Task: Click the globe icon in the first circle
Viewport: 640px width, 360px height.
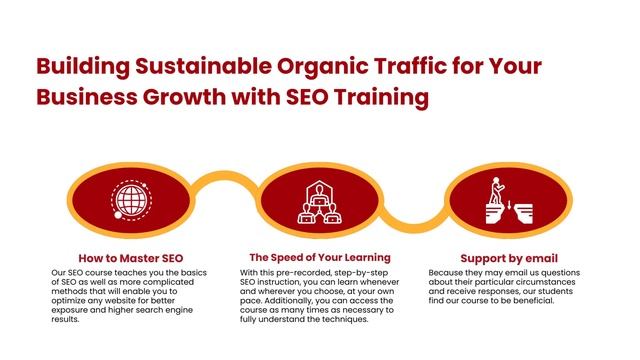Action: point(131,198)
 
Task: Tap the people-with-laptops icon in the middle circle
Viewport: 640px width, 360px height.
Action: point(320,200)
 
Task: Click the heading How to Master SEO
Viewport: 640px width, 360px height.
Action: point(131,257)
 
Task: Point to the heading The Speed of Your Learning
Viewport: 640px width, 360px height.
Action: point(320,257)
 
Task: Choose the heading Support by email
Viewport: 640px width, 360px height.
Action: point(509,257)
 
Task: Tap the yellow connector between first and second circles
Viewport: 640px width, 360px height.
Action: point(226,182)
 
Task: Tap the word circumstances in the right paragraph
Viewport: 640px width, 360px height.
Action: point(546,281)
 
